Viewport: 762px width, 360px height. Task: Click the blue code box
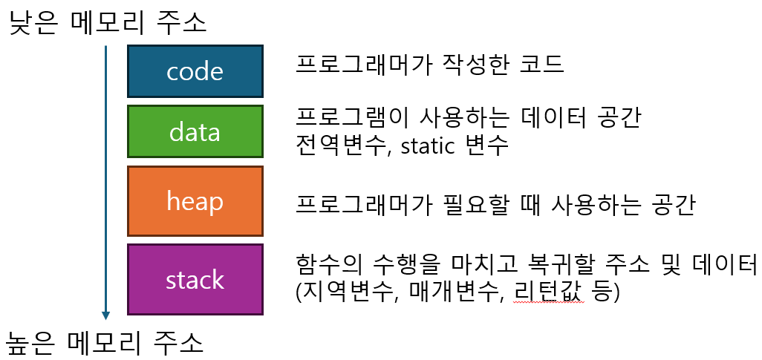click(x=195, y=71)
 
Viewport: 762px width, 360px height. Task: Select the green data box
click(x=195, y=131)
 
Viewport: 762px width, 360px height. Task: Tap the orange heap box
click(x=195, y=200)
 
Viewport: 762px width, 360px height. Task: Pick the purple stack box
click(x=195, y=279)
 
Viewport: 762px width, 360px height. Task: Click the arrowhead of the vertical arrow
click(x=106, y=315)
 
